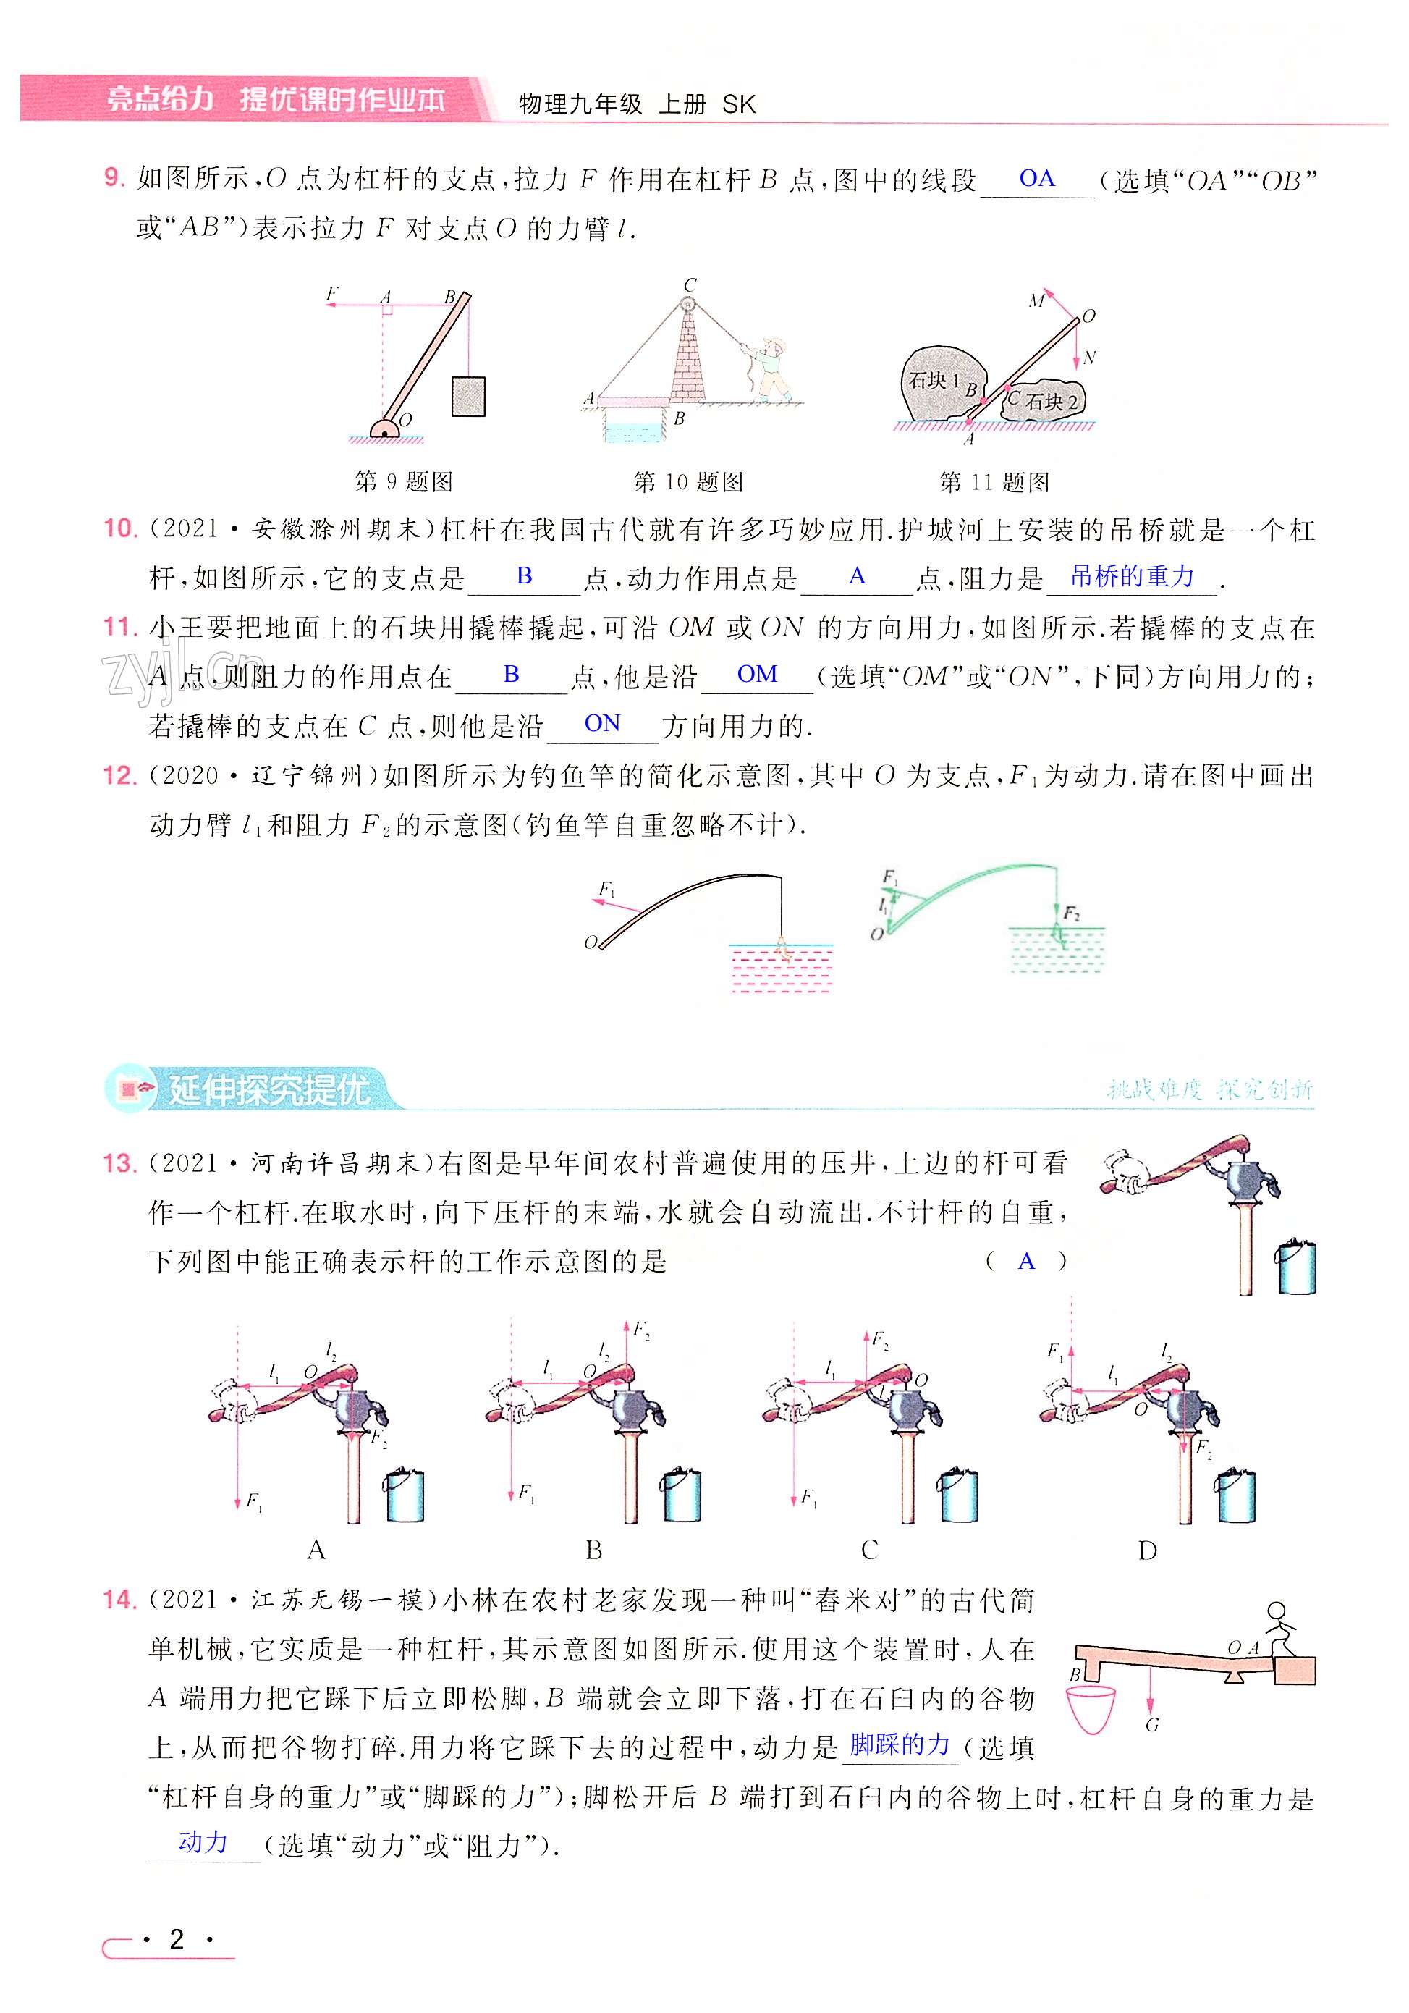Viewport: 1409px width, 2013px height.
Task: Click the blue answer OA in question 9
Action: pyautogui.click(x=1036, y=179)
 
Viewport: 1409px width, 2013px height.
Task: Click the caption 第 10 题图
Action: pyautogui.click(x=688, y=481)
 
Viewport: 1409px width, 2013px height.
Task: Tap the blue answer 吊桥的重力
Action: pyautogui.click(x=1131, y=576)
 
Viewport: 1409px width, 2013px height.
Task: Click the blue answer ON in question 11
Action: pyautogui.click(x=601, y=723)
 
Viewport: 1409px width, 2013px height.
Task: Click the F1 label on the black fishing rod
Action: pyautogui.click(x=606, y=890)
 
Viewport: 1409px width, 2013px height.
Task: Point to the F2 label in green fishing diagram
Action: pyautogui.click(x=1070, y=913)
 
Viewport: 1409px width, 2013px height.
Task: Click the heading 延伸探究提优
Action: pyautogui.click(x=268, y=1090)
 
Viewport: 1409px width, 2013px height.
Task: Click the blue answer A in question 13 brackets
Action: pyautogui.click(x=1026, y=1262)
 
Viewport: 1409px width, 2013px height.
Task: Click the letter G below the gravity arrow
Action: pyautogui.click(x=1151, y=1726)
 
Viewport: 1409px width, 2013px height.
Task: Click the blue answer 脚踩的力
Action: pyautogui.click(x=900, y=1746)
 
